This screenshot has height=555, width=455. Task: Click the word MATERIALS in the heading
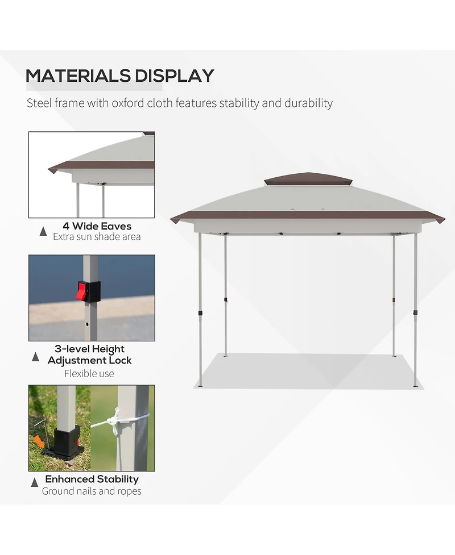[x=77, y=76]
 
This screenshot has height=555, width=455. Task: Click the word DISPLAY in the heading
[x=174, y=76]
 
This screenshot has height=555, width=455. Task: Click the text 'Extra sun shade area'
[x=97, y=237]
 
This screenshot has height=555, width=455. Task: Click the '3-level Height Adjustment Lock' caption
[x=90, y=354]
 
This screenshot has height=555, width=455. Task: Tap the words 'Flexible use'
[x=89, y=374]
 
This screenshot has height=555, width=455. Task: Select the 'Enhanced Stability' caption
[x=92, y=479]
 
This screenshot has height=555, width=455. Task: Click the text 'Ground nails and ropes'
[x=92, y=491]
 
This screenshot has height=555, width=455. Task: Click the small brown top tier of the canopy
[x=308, y=178]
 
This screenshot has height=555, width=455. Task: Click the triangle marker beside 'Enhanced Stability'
[x=35, y=482]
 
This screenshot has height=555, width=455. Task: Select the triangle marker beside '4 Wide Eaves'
[x=43, y=231]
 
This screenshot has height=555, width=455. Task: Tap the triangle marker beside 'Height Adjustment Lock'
[x=35, y=357]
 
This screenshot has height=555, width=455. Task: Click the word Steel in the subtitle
[x=39, y=103]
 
